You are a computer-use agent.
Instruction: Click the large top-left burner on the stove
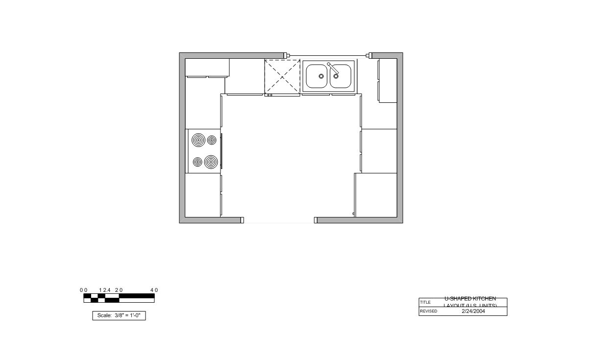(x=198, y=141)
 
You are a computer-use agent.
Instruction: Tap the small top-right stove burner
(x=212, y=140)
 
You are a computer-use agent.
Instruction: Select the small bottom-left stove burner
(x=197, y=162)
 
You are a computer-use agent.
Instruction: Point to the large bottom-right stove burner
(x=211, y=162)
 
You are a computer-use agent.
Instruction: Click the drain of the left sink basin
(x=321, y=76)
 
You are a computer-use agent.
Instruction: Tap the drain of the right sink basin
(x=336, y=76)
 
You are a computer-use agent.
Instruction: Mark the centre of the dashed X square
(x=282, y=76)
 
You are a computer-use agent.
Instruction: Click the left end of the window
(x=288, y=55)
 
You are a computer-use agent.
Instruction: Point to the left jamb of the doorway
(x=242, y=220)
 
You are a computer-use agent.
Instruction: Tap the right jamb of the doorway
(x=316, y=220)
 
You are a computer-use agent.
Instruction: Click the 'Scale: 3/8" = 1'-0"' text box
(x=119, y=315)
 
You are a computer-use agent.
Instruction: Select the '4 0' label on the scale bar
(x=154, y=290)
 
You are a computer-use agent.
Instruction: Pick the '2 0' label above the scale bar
(x=119, y=290)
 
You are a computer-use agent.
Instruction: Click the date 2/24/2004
(x=473, y=311)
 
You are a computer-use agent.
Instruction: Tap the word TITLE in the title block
(x=425, y=302)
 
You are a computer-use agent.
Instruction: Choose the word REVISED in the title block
(x=428, y=312)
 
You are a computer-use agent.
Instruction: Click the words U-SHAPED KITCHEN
(x=470, y=299)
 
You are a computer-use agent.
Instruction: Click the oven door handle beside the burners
(x=221, y=151)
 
